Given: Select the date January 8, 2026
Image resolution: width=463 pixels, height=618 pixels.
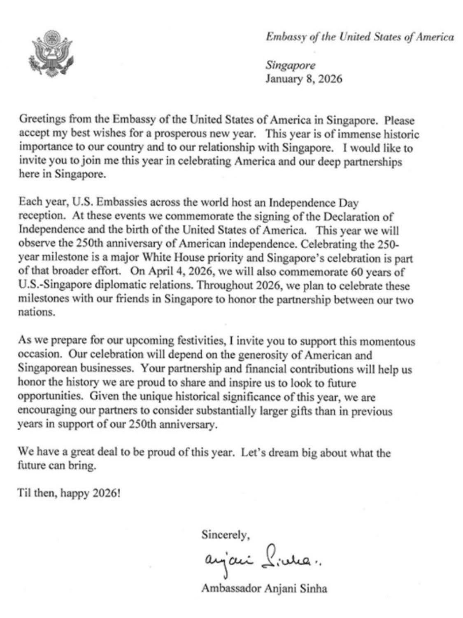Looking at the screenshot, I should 303,79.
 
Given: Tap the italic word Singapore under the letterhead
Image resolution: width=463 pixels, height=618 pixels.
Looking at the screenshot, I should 290,65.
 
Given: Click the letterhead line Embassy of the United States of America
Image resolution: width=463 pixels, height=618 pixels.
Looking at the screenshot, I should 359,37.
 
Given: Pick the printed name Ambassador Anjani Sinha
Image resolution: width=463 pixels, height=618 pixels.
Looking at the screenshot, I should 264,588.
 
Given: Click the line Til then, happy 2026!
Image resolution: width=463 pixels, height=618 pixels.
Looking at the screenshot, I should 69,493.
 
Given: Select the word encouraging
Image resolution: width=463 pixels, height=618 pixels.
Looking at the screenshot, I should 45,411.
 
